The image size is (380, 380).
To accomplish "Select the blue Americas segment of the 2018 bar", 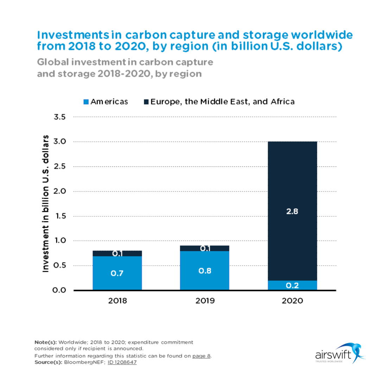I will tap(117, 278).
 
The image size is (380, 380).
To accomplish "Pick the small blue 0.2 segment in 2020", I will tap(292, 285).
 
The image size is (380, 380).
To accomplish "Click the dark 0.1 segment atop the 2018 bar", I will tap(117, 253).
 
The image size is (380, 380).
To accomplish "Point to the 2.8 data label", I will tap(292, 212).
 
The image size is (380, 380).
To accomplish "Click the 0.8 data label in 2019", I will tap(204, 271).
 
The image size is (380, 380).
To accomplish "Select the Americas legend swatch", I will tap(86, 102).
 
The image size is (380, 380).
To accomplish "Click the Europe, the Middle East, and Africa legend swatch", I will tap(146, 102).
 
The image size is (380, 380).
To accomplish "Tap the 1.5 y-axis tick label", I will tap(60, 216).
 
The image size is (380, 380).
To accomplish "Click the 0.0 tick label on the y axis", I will tap(60, 290).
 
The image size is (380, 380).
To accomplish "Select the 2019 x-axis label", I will tap(204, 302).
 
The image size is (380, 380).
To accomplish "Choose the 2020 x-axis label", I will tap(292, 302).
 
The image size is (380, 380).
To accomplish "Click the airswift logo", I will tap(338, 354).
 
